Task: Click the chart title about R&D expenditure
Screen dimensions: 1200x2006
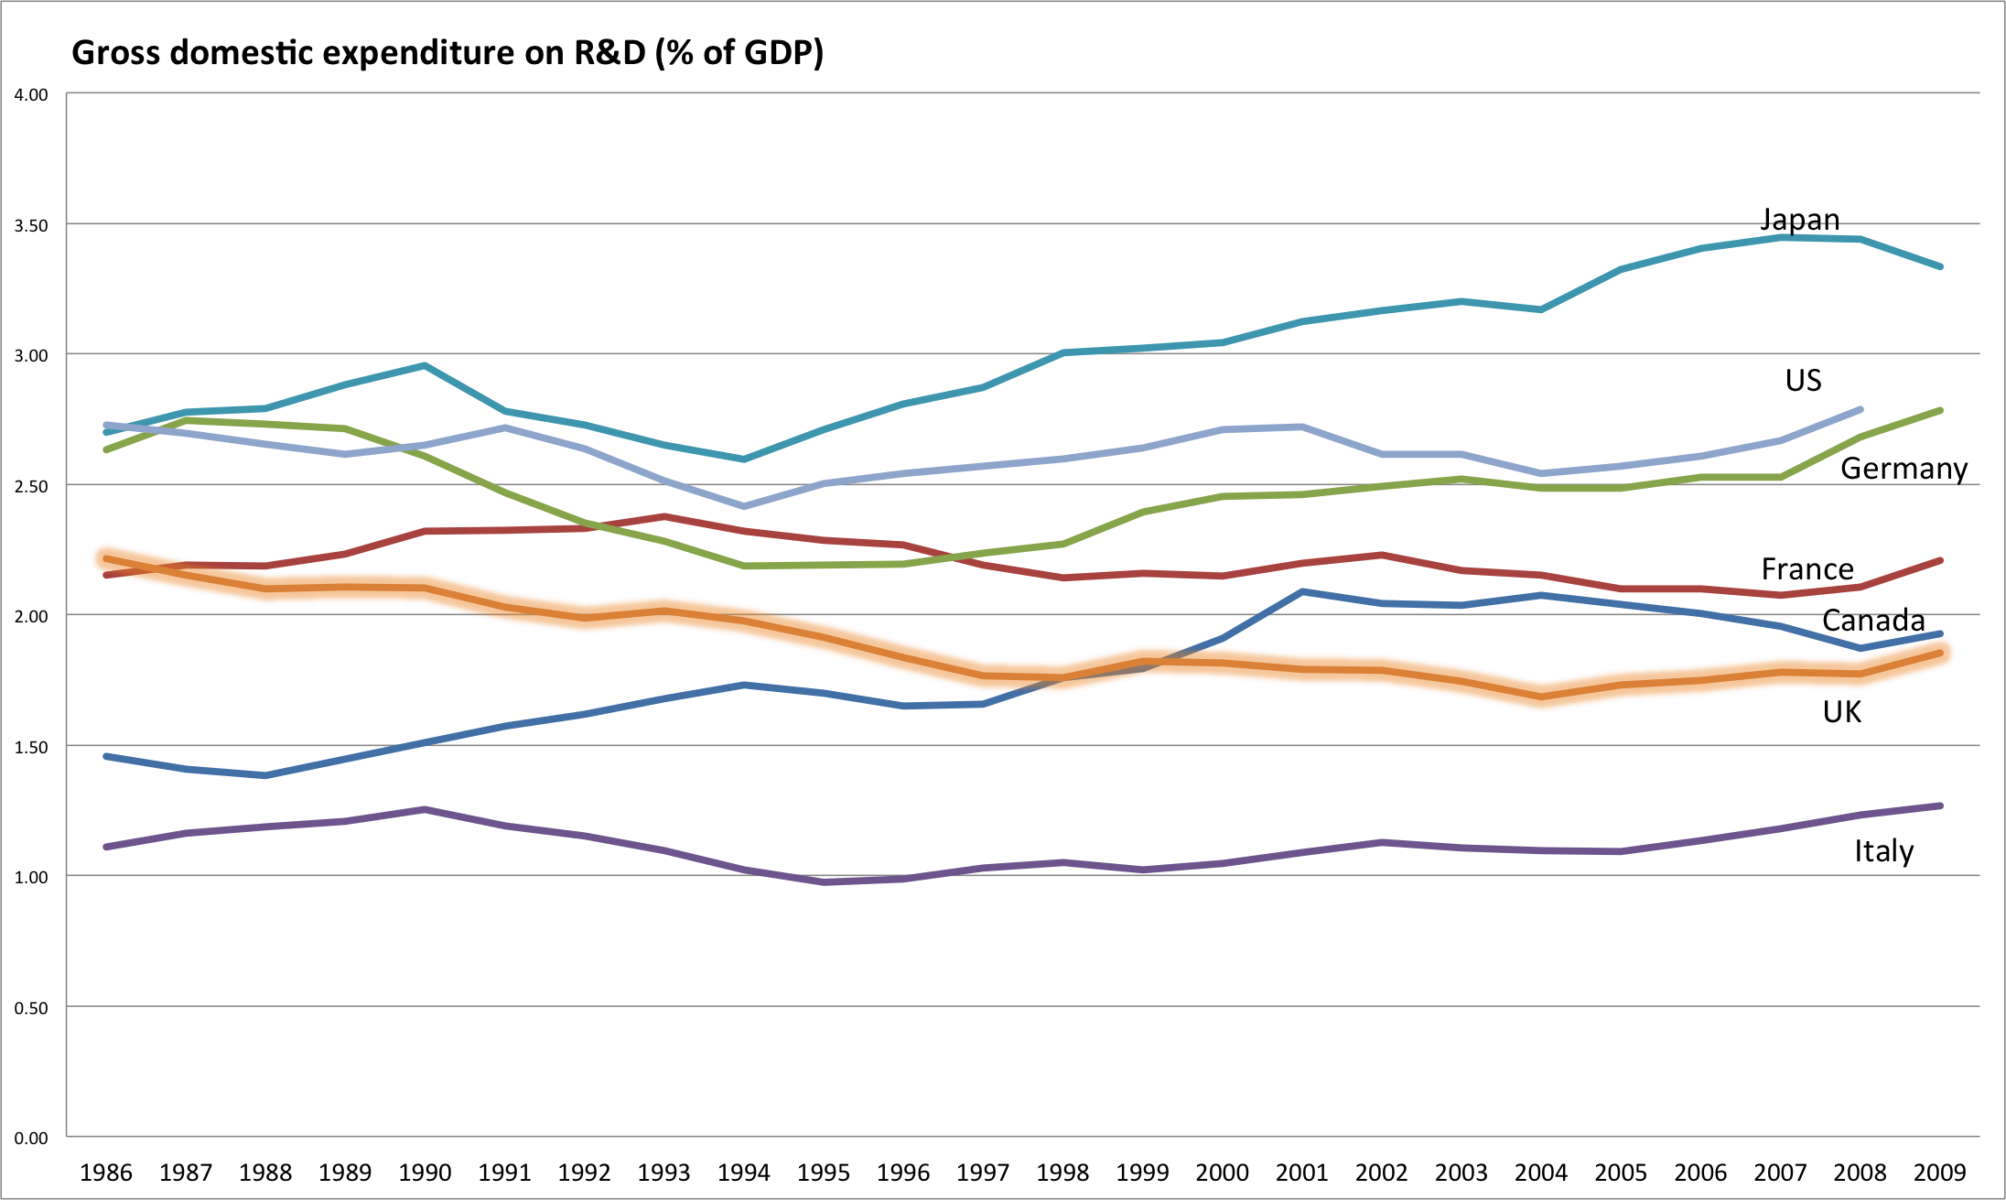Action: point(448,52)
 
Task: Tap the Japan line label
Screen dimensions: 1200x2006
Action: point(1800,221)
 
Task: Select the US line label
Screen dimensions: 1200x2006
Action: point(1803,381)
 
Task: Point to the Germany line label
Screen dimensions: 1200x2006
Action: point(1904,469)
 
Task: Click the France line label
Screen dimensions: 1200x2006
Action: point(1807,569)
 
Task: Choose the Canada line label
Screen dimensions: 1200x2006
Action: point(1873,621)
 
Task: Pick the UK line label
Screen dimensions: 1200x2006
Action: point(1841,712)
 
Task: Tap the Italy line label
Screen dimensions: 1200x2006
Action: point(1883,851)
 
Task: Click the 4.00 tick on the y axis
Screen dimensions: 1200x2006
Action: point(31,95)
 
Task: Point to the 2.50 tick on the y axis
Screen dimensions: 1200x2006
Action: point(31,486)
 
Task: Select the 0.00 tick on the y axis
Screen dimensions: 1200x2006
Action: point(31,1138)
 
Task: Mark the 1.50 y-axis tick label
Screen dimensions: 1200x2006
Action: point(31,747)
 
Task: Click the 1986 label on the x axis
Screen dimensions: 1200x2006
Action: point(106,1173)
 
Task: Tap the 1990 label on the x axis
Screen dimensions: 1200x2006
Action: point(425,1173)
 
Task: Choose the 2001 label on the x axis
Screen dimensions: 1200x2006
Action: point(1301,1173)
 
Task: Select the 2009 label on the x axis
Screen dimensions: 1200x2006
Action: point(1939,1173)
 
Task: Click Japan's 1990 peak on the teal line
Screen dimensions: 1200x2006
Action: point(425,365)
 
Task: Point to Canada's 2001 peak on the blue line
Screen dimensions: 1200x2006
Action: point(1302,592)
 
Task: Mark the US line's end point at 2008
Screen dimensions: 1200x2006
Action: point(1860,409)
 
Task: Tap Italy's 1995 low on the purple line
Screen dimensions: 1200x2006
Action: point(825,882)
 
